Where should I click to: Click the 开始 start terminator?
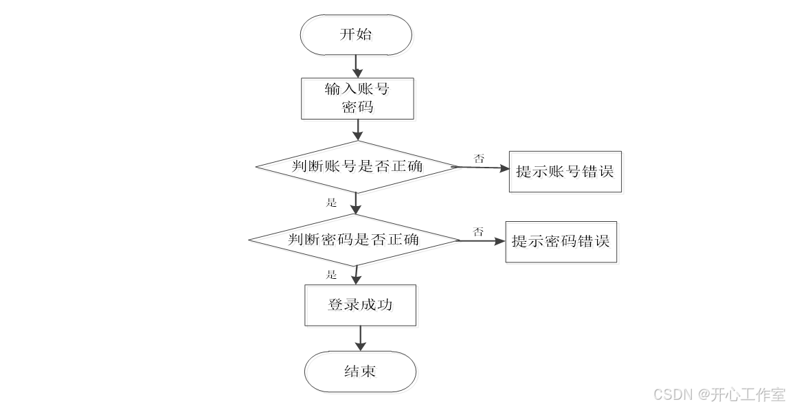pyautogui.click(x=356, y=34)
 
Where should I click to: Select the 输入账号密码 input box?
pyautogui.click(x=357, y=98)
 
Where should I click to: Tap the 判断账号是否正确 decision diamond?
pyautogui.click(x=356, y=166)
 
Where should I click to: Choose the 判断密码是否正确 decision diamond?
pyautogui.click(x=353, y=240)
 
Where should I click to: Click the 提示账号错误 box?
pyautogui.click(x=565, y=172)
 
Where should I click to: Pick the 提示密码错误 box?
pyautogui.click(x=561, y=241)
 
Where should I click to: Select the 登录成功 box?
pyautogui.click(x=360, y=305)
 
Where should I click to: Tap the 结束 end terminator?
pyautogui.click(x=360, y=372)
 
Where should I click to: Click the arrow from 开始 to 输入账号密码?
pyautogui.click(x=357, y=65)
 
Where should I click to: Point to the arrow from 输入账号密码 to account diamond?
pyautogui.click(x=357, y=130)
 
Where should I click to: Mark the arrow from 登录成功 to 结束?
pyautogui.click(x=360, y=338)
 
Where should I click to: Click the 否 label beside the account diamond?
pyautogui.click(x=479, y=158)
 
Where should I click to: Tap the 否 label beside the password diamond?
pyautogui.click(x=477, y=232)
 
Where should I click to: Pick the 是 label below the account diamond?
pyautogui.click(x=332, y=203)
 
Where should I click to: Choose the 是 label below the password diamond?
pyautogui.click(x=332, y=275)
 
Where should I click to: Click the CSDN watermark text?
pyautogui.click(x=719, y=394)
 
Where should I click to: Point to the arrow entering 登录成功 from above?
pyautogui.click(x=356, y=275)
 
